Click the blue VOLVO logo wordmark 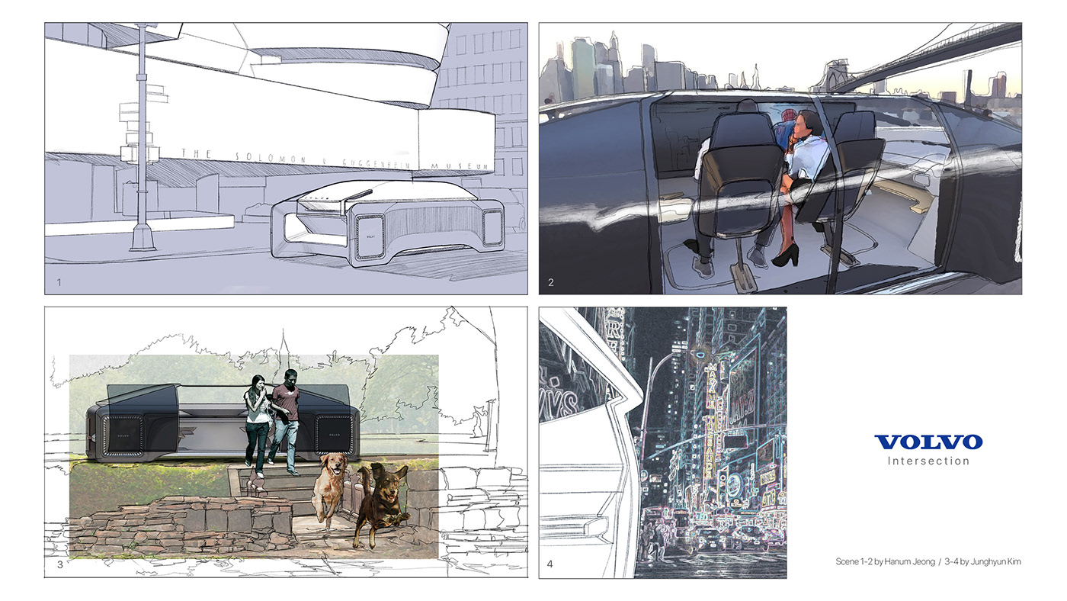pos(928,442)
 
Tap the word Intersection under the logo pos(928,461)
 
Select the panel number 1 pos(59,283)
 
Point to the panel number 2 pos(551,283)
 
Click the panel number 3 pos(59,565)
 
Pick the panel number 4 pos(551,565)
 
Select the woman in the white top pos(257,419)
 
